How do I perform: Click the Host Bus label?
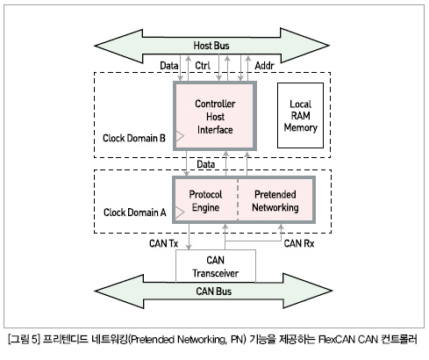(211, 46)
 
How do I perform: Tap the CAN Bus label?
(213, 292)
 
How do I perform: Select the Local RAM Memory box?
(300, 115)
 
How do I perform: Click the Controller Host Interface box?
(215, 116)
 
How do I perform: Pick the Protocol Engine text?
(205, 201)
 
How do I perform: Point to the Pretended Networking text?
(275, 201)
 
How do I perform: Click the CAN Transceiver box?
(216, 266)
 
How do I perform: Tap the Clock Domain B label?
(134, 138)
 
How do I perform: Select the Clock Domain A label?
(134, 212)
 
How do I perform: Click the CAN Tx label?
(163, 243)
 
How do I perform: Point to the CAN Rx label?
(299, 243)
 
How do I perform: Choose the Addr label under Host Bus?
(264, 66)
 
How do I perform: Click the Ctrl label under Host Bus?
(203, 66)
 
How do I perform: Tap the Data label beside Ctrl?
(169, 66)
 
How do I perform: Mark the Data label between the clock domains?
(206, 164)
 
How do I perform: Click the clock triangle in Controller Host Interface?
(180, 136)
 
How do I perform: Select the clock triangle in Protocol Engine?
(180, 212)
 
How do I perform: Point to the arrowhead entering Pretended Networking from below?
(281, 227)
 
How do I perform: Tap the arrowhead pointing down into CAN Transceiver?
(189, 247)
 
